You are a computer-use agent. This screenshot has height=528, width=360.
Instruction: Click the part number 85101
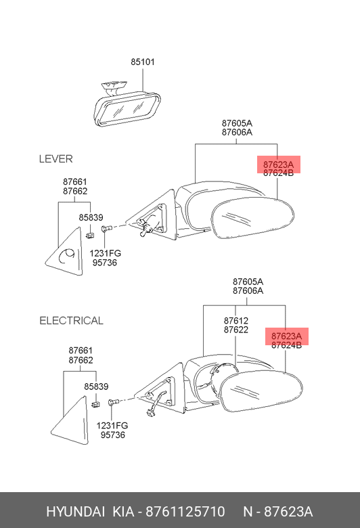143,62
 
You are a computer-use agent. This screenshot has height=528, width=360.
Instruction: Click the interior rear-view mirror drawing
126,106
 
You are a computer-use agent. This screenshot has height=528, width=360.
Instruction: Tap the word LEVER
56,159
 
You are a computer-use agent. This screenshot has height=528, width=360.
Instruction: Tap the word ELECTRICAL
72,321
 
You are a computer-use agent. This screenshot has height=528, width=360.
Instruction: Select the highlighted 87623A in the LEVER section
278,164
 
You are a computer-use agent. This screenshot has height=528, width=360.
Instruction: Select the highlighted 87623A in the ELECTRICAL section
287,336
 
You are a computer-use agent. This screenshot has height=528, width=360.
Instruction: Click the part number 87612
236,321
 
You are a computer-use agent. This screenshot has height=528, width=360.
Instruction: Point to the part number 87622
236,330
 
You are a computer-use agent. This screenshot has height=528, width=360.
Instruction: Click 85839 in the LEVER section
91,217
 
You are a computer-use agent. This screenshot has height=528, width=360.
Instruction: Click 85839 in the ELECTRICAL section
96,387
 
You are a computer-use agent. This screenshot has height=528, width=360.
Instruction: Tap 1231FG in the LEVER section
105,253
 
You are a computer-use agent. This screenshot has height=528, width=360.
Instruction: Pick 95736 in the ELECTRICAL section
113,435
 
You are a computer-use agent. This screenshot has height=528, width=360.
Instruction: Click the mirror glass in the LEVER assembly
252,218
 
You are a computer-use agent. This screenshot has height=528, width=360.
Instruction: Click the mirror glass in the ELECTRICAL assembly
261,391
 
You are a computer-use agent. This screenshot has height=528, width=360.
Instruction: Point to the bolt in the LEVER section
106,229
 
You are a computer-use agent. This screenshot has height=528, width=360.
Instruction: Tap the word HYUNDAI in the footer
75,512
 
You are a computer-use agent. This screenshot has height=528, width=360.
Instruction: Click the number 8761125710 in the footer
185,512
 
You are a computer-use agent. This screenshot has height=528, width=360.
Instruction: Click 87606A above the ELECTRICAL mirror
248,290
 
